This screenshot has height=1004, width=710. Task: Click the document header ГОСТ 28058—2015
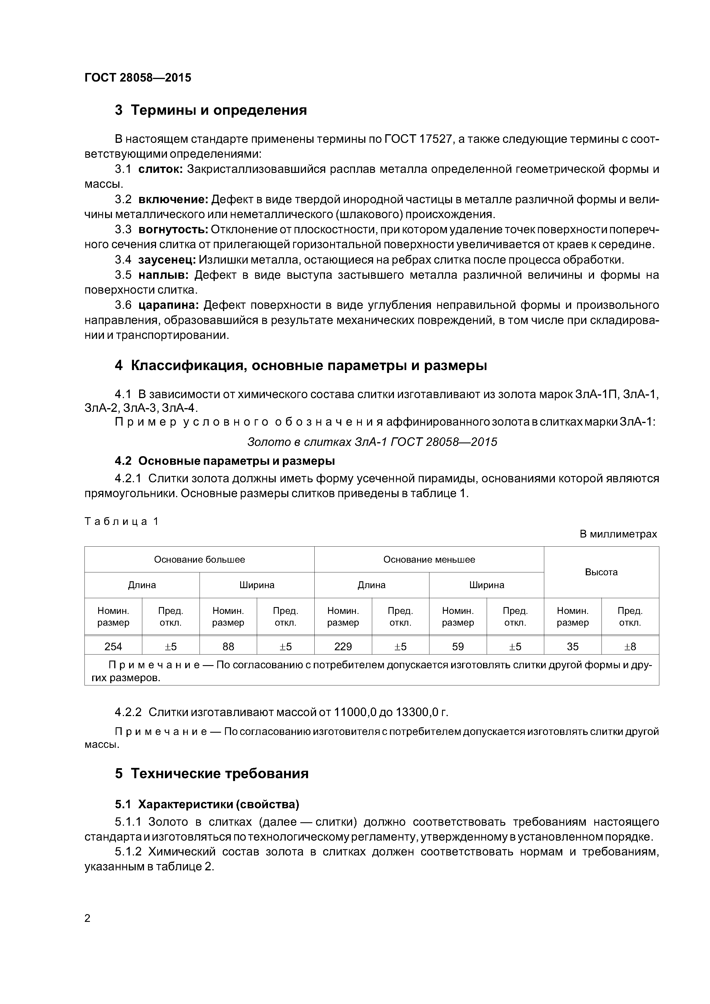pyautogui.click(x=138, y=78)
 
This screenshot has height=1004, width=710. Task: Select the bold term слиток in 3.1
pyautogui.click(x=160, y=169)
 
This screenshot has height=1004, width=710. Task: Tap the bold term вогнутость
pyautogui.click(x=173, y=230)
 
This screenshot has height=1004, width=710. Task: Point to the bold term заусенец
pyautogui.click(x=167, y=260)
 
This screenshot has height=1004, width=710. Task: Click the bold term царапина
pyautogui.click(x=168, y=305)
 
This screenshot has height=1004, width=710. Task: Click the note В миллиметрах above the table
pyautogui.click(x=618, y=534)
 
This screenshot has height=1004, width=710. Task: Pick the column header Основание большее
pyautogui.click(x=200, y=560)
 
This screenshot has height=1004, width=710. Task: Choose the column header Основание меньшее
pyautogui.click(x=429, y=560)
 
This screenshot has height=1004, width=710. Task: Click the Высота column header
pyautogui.click(x=601, y=572)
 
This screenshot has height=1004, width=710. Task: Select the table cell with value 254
pyautogui.click(x=113, y=646)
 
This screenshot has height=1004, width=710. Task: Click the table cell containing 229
pyautogui.click(x=343, y=646)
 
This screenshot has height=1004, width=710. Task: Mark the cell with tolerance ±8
pyautogui.click(x=630, y=646)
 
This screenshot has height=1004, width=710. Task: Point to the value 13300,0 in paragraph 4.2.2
pyautogui.click(x=417, y=713)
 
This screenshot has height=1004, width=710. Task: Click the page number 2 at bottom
pyautogui.click(x=88, y=918)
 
